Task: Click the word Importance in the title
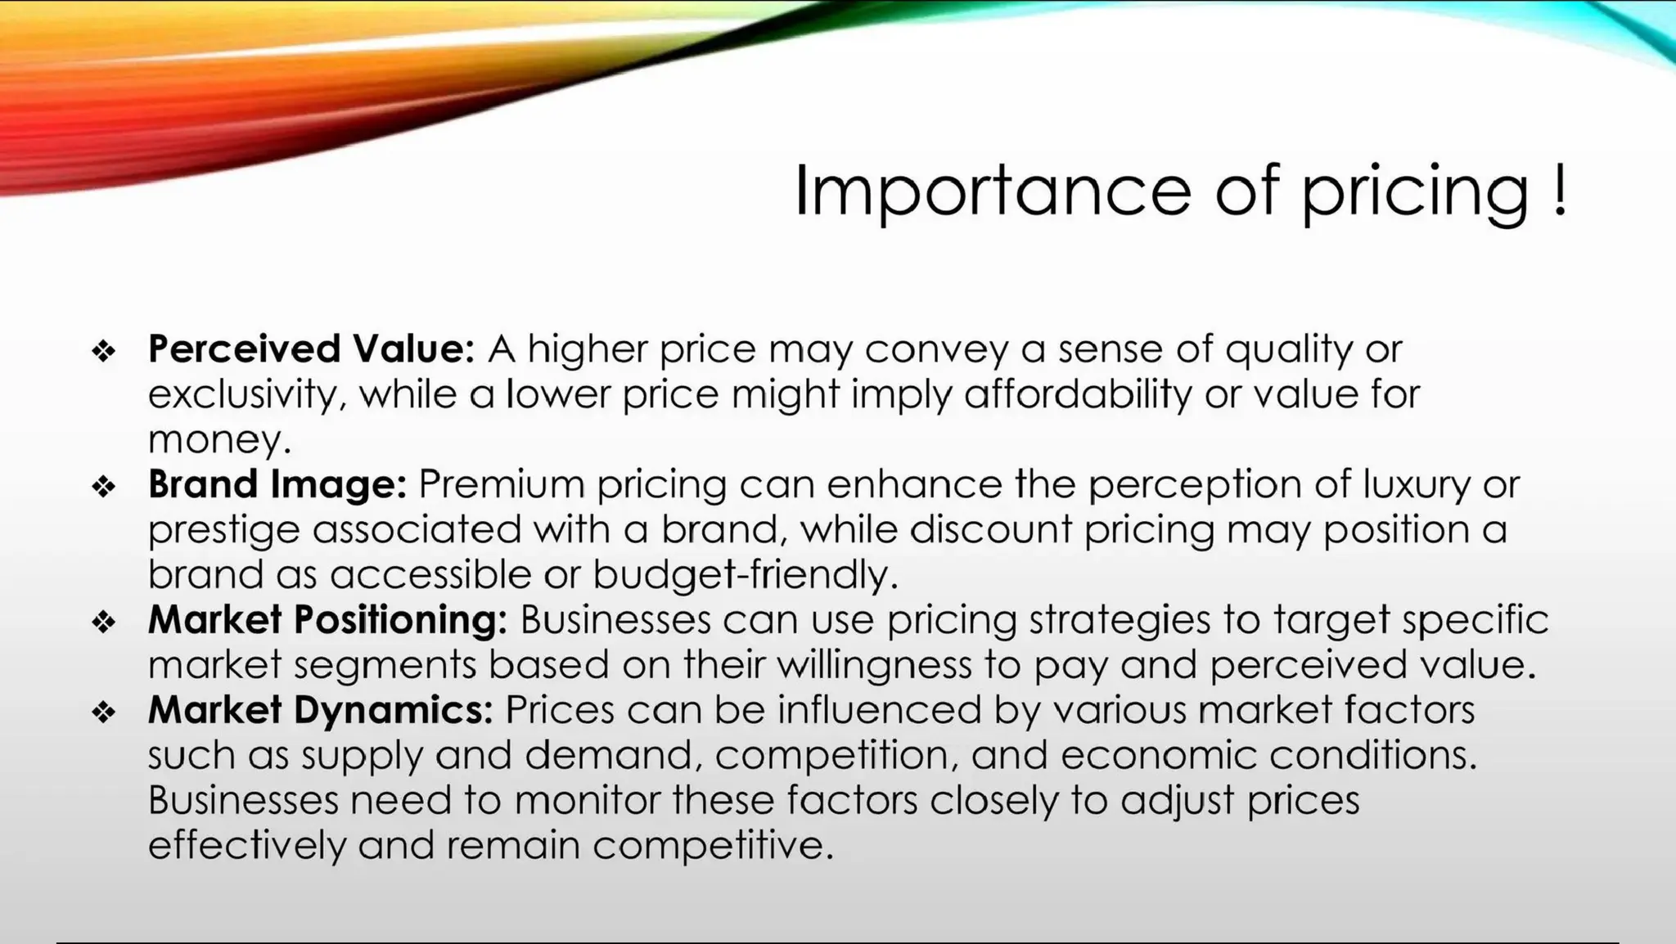coord(993,191)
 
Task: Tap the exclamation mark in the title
coord(1559,190)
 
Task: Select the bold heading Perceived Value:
coord(311,349)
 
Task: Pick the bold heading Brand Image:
coord(277,484)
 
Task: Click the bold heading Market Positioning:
coord(328,619)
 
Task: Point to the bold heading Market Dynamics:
coord(321,709)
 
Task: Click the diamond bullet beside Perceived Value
coord(104,352)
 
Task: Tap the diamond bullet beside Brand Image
coord(104,487)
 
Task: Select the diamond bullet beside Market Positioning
coord(104,622)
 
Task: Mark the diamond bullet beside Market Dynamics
coord(104,712)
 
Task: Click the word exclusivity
coord(242,395)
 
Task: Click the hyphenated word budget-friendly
coord(745,575)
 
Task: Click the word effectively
coord(247,844)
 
